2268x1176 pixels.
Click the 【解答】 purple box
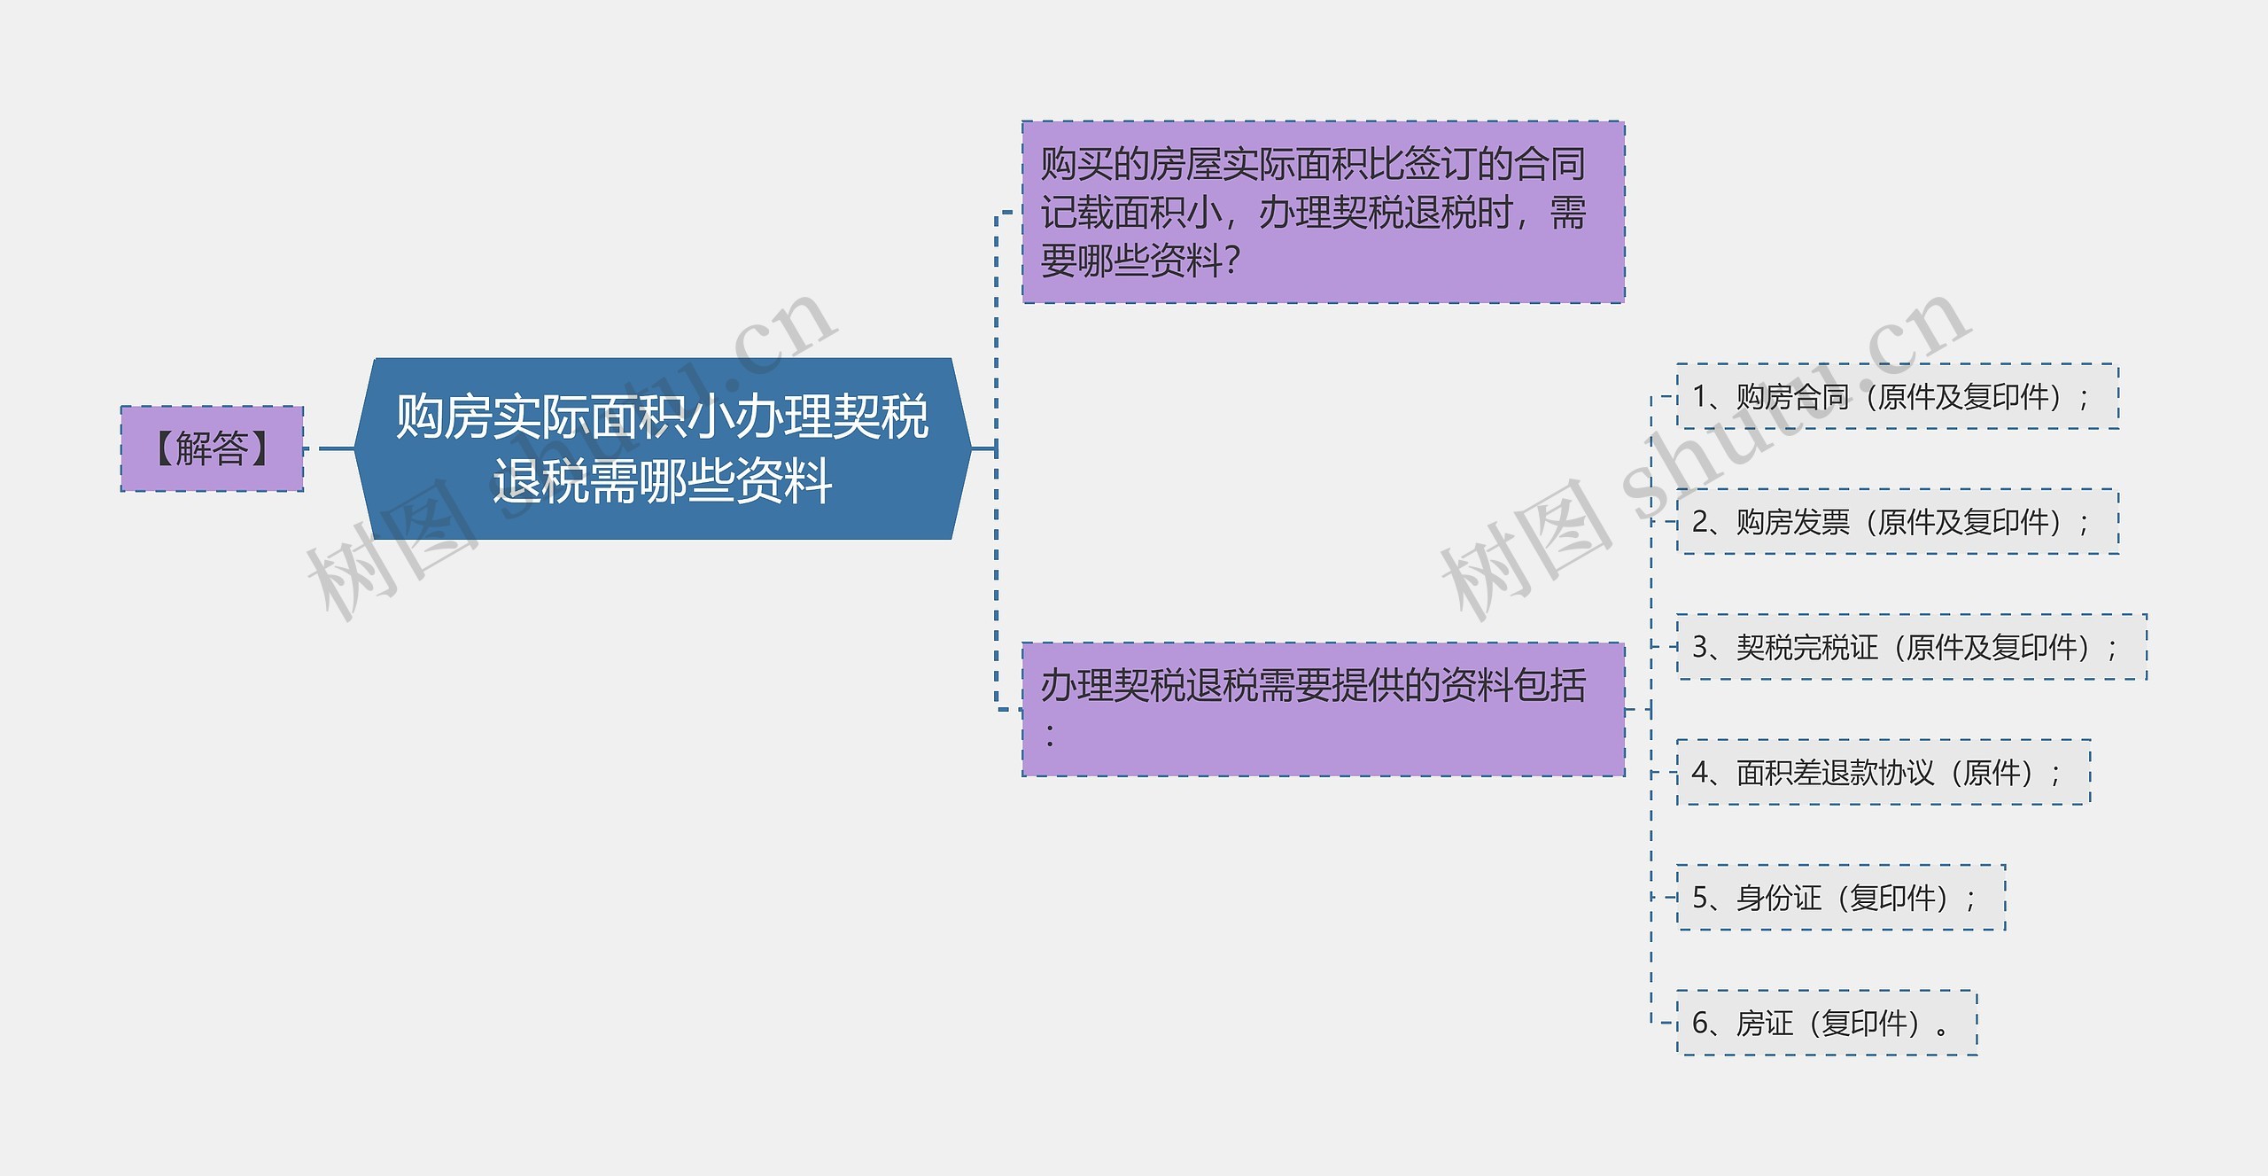click(212, 448)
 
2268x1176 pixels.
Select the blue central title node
click(662, 448)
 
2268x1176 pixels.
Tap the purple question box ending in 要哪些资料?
click(1323, 213)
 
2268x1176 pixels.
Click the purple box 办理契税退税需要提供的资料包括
click(1323, 709)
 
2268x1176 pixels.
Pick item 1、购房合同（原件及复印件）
click(1897, 397)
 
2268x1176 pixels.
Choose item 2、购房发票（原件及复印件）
click(1897, 522)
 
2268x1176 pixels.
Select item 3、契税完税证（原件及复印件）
click(1911, 648)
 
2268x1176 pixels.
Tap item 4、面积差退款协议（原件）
click(1883, 773)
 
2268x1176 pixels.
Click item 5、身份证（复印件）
click(1840, 898)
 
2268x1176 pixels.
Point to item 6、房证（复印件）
click(1826, 1024)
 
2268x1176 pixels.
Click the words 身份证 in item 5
click(1778, 898)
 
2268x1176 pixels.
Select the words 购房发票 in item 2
click(1792, 522)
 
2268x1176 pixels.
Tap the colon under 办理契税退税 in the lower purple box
click(1050, 735)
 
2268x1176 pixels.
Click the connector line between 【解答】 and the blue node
click(336, 448)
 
